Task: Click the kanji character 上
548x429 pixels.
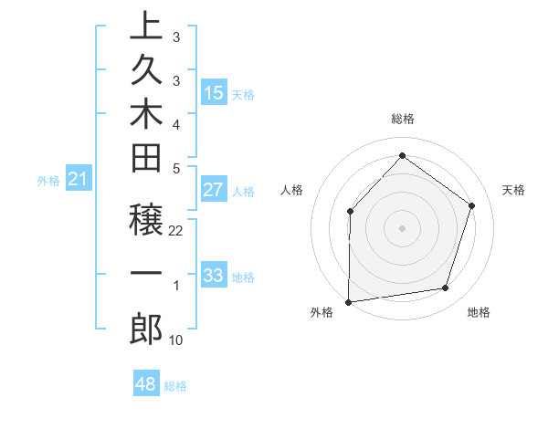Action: point(146,25)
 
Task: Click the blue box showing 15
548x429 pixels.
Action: point(214,92)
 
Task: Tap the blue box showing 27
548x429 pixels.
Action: point(214,190)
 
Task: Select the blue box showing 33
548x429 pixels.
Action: point(214,276)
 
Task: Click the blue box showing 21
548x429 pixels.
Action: point(79,180)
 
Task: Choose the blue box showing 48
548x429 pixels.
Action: point(146,384)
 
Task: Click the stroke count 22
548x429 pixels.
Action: point(176,231)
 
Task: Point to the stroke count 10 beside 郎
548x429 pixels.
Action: point(176,340)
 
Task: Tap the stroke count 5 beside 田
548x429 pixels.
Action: point(175,168)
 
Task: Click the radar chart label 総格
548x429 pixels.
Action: point(402,119)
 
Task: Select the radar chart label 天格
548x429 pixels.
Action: point(513,190)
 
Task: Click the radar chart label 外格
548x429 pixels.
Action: point(321,312)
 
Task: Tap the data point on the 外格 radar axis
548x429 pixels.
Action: point(348,302)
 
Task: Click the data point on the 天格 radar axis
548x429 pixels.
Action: point(472,205)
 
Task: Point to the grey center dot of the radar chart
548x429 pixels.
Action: point(402,227)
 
